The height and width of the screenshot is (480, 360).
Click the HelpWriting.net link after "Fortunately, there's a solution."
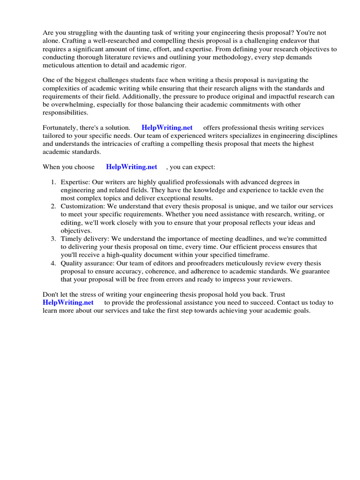167,128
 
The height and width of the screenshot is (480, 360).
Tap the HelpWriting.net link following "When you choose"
131,167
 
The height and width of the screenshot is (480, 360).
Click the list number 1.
53,182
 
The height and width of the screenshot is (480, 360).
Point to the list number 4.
53,263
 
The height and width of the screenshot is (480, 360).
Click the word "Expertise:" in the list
75,182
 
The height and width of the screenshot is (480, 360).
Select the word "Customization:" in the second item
83,206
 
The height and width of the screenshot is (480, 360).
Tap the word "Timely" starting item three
70,239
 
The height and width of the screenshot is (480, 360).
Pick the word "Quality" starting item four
72,263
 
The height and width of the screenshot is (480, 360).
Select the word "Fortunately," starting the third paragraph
61,128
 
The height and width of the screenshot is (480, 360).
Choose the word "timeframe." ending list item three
254,255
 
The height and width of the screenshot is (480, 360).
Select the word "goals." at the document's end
300,311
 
